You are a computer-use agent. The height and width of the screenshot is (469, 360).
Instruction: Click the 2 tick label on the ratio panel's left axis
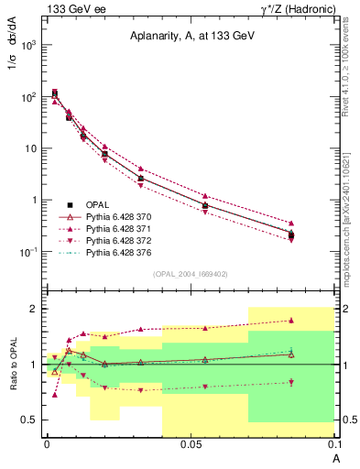tap(35, 309)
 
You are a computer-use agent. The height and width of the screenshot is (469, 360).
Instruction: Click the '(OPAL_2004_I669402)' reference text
tap(190, 273)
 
